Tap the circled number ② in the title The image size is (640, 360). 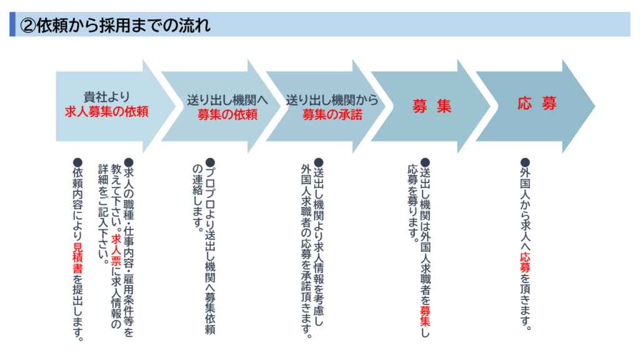(x=27, y=25)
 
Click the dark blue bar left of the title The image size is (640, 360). (x=12, y=24)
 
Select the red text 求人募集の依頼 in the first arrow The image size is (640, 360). (x=106, y=111)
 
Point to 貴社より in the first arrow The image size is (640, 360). (x=106, y=97)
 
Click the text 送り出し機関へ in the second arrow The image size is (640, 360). (x=227, y=100)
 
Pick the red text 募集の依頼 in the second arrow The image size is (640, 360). (x=227, y=114)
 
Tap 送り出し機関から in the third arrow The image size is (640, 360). (x=332, y=100)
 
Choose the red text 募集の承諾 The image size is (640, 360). (x=332, y=114)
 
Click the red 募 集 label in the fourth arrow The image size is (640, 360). (x=432, y=106)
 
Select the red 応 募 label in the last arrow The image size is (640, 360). (x=537, y=103)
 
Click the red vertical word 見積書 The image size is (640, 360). (x=77, y=258)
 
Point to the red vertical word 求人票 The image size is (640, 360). (x=116, y=250)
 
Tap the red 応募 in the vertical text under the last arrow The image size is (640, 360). (x=525, y=263)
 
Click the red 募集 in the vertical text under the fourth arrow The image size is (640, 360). (x=425, y=316)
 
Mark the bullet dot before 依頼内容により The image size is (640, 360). (x=77, y=163)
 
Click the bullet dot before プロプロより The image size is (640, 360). (x=210, y=163)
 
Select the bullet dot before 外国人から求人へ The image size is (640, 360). (x=525, y=163)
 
